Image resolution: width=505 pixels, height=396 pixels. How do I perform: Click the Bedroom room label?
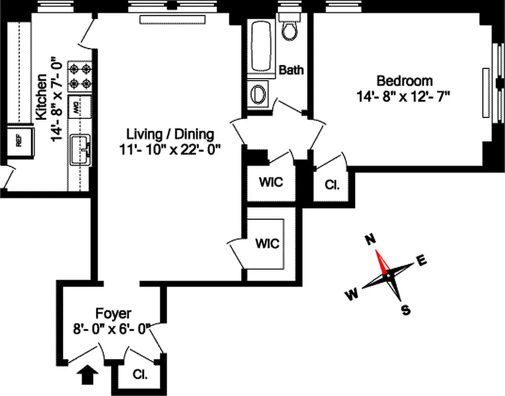(x=404, y=80)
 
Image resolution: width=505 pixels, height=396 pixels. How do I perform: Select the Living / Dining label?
(x=170, y=134)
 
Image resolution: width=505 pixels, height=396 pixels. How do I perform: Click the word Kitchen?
(x=42, y=97)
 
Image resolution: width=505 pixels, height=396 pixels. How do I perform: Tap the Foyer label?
(x=113, y=313)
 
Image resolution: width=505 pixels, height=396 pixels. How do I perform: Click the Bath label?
(x=291, y=70)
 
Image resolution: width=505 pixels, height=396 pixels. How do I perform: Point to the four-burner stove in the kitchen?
(x=80, y=76)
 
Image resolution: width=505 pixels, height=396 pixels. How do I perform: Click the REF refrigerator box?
(x=19, y=142)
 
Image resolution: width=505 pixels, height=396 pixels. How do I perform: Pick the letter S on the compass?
(x=406, y=310)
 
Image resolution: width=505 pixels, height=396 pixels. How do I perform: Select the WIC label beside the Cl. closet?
(x=271, y=182)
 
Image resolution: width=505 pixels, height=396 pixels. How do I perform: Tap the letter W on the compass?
(x=351, y=295)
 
